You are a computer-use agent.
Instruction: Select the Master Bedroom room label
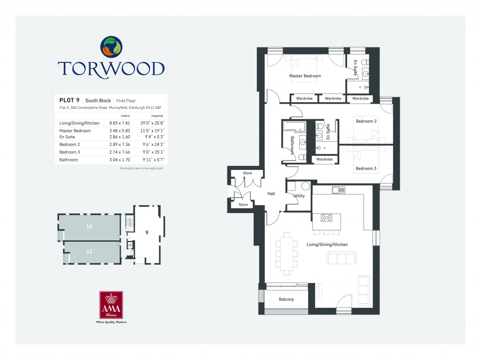tap(305, 76)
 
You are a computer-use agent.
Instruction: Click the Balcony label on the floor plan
tap(286, 299)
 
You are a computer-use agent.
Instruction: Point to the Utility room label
tap(299, 196)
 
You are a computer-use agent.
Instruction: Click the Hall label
tap(271, 193)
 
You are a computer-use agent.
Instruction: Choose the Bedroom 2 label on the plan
tap(366, 121)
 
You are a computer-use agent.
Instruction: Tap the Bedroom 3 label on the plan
tap(366, 168)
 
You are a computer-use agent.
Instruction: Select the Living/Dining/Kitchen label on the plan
tap(327, 245)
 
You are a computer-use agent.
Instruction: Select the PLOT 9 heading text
tap(69, 100)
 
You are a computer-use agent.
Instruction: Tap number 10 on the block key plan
tap(89, 227)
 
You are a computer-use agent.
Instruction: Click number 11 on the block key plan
tap(89, 251)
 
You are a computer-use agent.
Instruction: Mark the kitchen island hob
tap(326, 218)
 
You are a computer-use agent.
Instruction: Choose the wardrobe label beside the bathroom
tap(325, 160)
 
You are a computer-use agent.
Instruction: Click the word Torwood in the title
tap(111, 69)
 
